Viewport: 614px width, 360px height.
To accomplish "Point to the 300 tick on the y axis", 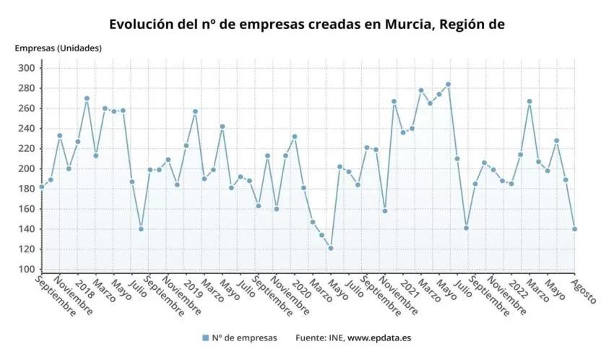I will [x=27, y=68].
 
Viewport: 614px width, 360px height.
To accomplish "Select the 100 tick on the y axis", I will [x=27, y=269].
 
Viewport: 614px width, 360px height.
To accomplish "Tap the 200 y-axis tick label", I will [x=27, y=168].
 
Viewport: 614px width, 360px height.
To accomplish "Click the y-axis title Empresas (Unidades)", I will [x=59, y=48].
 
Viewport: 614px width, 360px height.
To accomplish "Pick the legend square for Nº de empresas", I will [x=206, y=338].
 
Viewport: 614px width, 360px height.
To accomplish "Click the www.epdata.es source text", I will [x=380, y=338].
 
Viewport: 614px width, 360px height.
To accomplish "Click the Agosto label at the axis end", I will [x=584, y=291].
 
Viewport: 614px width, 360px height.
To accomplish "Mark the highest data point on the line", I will [x=448, y=84].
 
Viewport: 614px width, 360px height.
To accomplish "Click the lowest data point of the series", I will [x=330, y=248].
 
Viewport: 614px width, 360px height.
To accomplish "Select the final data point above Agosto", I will [x=574, y=228].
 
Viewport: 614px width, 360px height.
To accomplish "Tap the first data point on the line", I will [x=41, y=187].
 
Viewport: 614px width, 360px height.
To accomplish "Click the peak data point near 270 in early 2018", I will [x=87, y=98].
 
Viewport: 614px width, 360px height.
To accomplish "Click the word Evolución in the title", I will [x=142, y=24].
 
